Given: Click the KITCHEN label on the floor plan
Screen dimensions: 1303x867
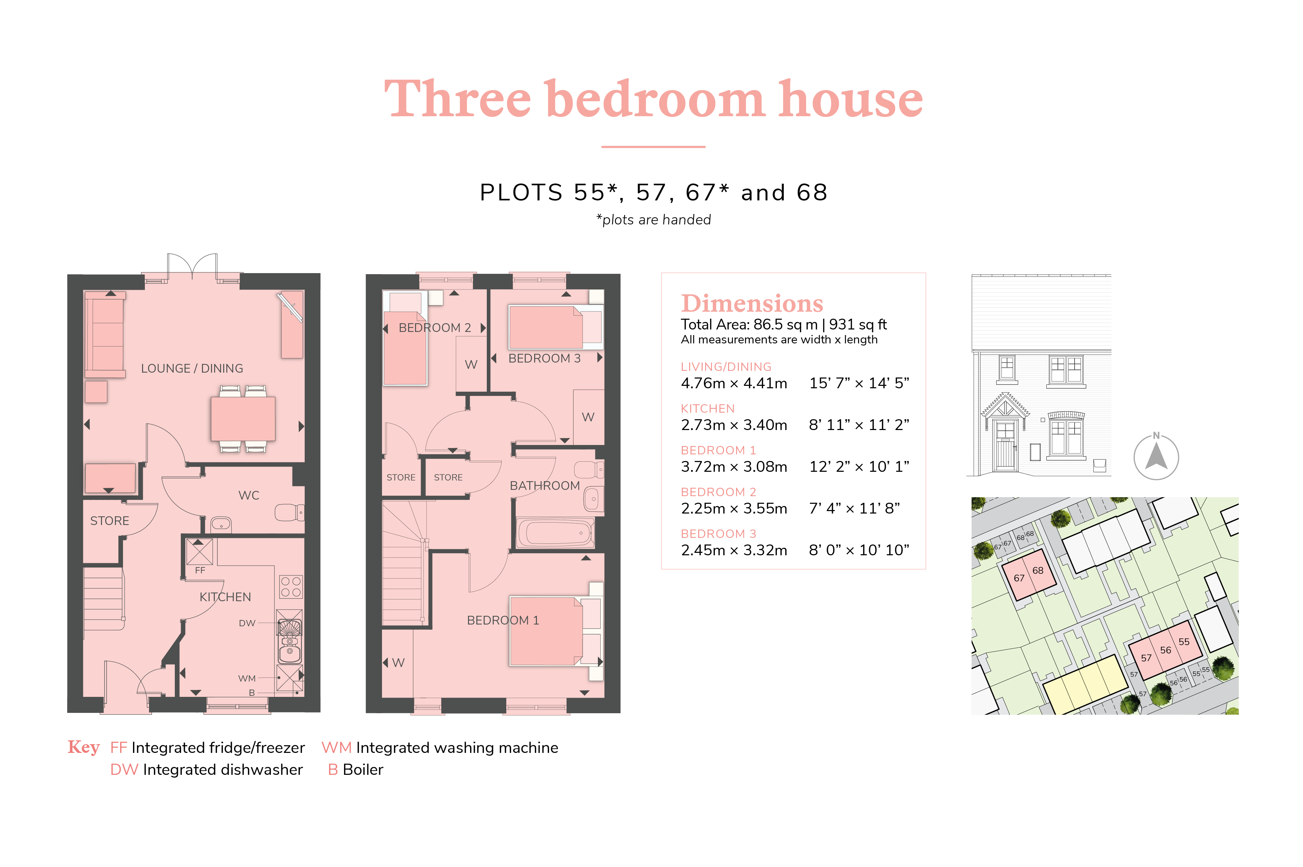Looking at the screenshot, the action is click(225, 597).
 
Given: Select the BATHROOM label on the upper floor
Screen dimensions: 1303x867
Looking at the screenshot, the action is click(545, 485).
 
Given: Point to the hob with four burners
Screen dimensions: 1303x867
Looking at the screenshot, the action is click(290, 586).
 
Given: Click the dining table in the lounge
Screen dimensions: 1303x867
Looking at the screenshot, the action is click(243, 419).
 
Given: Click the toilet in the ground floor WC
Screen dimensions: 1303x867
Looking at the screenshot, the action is click(289, 512).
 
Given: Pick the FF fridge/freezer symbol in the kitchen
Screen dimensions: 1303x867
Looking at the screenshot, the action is click(199, 551).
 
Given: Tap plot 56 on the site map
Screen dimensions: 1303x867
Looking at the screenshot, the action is click(1165, 650).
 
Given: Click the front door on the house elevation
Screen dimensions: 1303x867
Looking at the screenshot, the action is click(1005, 453).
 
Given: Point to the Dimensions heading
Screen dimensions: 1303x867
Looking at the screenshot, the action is click(752, 303).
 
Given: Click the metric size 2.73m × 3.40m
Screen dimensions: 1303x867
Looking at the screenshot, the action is click(734, 425).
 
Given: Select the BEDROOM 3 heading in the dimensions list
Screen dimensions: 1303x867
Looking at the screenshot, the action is click(718, 534).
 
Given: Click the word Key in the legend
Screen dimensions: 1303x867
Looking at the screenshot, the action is click(84, 747).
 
